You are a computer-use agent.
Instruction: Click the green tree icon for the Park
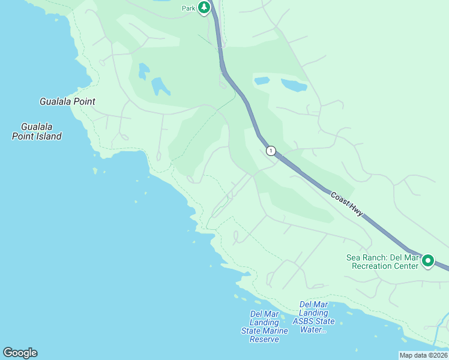205,7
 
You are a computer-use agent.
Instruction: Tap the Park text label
189,8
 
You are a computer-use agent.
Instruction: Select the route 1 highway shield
271,151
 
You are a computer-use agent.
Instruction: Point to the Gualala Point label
67,101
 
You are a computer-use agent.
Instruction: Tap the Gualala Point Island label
37,131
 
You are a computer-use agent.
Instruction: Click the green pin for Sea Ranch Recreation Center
428,260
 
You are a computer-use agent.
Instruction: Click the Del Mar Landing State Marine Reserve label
264,326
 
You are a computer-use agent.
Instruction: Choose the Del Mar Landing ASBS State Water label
313,317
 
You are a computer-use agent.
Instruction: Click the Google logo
20,353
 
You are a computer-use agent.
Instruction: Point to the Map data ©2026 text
423,355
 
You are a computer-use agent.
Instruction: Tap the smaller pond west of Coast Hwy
143,71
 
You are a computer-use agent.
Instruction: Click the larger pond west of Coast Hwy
160,87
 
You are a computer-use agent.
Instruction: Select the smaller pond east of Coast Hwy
262,80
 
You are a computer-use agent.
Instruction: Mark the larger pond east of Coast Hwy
294,85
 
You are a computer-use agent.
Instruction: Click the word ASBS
306,321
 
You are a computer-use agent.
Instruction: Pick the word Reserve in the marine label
264,340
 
